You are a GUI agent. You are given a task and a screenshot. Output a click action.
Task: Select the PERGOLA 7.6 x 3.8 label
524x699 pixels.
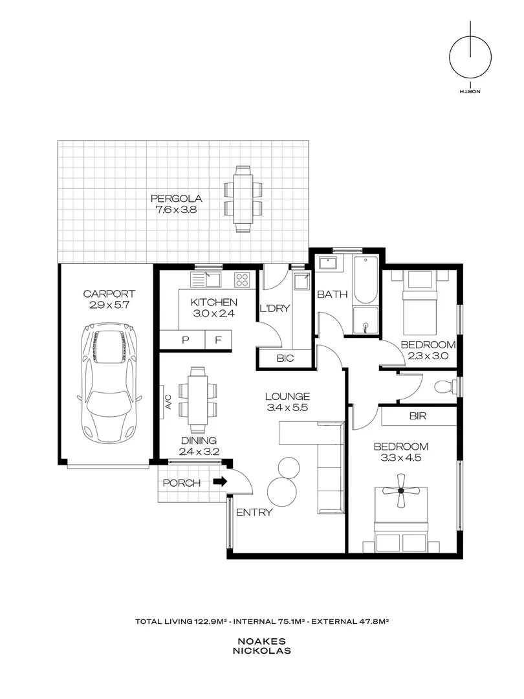click(x=168, y=204)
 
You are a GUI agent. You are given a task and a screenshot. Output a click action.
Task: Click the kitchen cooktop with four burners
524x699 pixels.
click(x=243, y=280)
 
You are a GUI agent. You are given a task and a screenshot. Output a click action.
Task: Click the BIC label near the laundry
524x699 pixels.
click(x=285, y=358)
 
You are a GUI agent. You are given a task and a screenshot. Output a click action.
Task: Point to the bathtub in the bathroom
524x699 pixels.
click(x=366, y=281)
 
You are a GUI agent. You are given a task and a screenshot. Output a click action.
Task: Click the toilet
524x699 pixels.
click(x=444, y=387)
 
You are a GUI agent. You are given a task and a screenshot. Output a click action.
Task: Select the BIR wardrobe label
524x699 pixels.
click(x=418, y=417)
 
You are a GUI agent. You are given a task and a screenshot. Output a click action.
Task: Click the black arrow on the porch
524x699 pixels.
click(x=221, y=482)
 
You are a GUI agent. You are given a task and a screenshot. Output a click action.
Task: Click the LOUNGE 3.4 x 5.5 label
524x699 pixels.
click(x=287, y=402)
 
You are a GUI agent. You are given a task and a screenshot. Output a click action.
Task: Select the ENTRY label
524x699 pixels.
click(x=254, y=513)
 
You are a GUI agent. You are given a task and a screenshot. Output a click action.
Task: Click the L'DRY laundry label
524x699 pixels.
click(x=274, y=309)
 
